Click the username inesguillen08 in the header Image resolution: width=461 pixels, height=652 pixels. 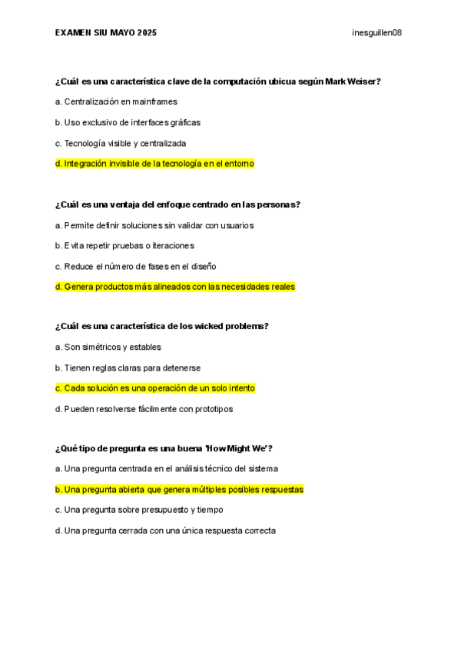pyautogui.click(x=376, y=33)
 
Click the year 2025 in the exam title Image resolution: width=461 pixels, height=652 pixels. pyautogui.click(x=145, y=33)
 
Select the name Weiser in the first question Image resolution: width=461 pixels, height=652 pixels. pyautogui.click(x=365, y=81)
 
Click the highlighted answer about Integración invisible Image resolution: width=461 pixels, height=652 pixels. pyautogui.click(x=154, y=164)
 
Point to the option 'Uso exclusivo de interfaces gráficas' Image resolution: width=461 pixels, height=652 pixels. pyautogui.click(x=128, y=122)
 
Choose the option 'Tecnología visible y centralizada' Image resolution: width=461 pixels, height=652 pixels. pyautogui.click(x=121, y=143)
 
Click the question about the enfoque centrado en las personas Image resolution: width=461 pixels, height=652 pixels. pyautogui.click(x=177, y=205)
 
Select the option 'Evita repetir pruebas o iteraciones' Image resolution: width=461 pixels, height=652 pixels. pyautogui.click(x=124, y=245)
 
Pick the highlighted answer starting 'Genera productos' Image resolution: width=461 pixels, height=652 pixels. pyautogui.click(x=175, y=287)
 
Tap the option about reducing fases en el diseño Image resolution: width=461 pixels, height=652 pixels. pyautogui.click(x=135, y=266)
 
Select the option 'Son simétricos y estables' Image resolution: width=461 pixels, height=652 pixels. pyautogui.click(x=108, y=347)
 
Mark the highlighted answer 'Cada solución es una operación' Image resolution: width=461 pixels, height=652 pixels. pyautogui.click(x=155, y=388)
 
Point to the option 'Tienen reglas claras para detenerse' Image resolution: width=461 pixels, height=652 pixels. pyautogui.click(x=128, y=368)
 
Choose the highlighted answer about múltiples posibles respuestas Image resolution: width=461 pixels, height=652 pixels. pyautogui.click(x=180, y=489)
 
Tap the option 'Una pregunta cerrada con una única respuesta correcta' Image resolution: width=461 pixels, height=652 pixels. pyautogui.click(x=165, y=531)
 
